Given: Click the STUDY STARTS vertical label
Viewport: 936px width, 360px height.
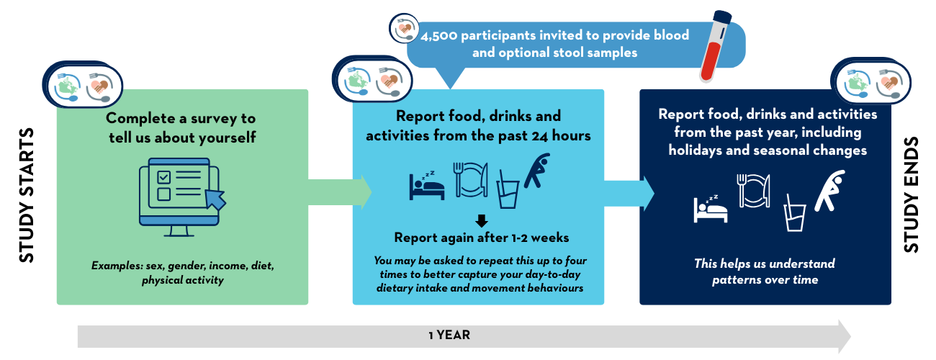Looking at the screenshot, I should click(26, 196).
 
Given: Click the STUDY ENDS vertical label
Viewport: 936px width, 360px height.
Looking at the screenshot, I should click(911, 197).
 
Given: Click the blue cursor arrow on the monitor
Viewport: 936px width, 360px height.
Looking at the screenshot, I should click(215, 197).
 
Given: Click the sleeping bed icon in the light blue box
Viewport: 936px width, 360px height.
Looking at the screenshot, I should click(426, 186).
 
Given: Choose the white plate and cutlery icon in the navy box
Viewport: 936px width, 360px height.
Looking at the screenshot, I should click(754, 192).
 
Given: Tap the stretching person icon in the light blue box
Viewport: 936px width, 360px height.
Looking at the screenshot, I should click(537, 171).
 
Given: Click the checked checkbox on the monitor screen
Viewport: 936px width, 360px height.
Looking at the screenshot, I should click(163, 176).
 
